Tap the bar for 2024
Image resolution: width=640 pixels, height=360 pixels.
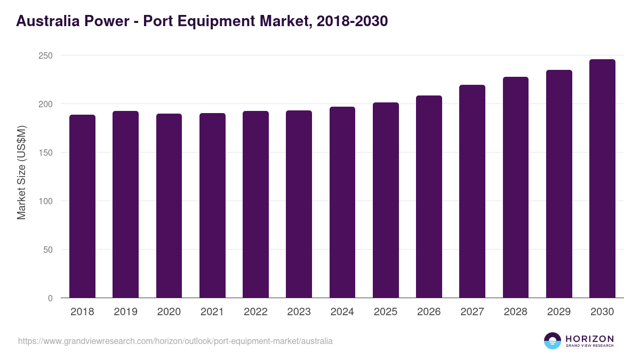click(x=342, y=202)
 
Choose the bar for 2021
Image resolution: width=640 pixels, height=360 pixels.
click(x=212, y=205)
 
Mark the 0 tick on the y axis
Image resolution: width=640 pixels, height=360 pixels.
click(x=50, y=298)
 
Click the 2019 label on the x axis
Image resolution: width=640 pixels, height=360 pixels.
click(x=125, y=312)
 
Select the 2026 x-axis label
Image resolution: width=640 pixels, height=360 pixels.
click(x=429, y=312)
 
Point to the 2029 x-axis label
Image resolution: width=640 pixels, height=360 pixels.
click(x=559, y=312)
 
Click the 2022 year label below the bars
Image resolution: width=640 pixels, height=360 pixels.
click(x=255, y=312)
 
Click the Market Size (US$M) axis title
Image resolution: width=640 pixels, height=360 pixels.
click(x=21, y=172)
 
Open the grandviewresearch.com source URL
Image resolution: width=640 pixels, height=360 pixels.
click(x=175, y=341)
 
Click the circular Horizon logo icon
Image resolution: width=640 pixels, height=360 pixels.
click(x=553, y=341)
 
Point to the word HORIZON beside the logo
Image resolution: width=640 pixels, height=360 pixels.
click(x=589, y=339)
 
